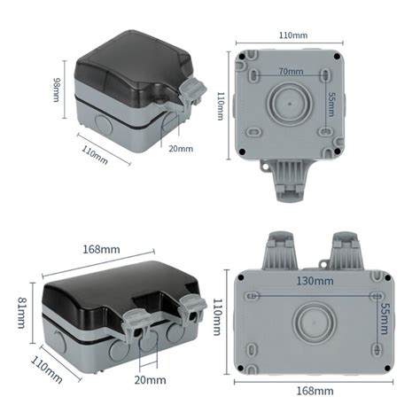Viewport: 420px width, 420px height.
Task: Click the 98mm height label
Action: tap(57, 89)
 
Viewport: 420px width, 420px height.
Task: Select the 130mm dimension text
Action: tap(315, 281)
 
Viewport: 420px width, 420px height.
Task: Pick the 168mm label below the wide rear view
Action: tap(315, 390)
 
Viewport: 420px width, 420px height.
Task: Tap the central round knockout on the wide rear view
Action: tap(315, 320)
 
